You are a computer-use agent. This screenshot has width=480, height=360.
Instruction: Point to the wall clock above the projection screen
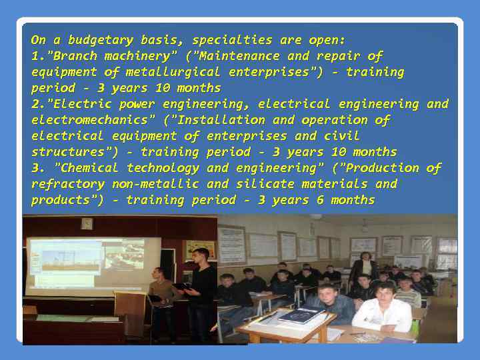[87, 223]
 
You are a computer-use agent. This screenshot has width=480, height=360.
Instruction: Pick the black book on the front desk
[301, 315]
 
